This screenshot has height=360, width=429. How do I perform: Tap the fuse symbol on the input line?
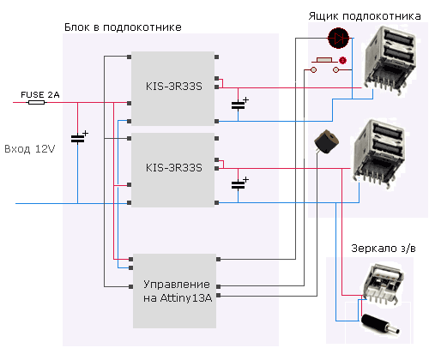[x=36, y=102]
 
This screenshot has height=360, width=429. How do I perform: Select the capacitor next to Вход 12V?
[x=78, y=138]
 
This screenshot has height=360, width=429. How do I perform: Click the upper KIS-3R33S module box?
[x=173, y=86]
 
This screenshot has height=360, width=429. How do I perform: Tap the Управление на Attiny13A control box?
[x=175, y=290]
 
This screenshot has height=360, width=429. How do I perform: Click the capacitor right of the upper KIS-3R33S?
[x=238, y=105]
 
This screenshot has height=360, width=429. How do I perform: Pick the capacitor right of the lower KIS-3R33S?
[x=238, y=183]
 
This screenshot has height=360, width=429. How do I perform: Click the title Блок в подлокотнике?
[x=123, y=27]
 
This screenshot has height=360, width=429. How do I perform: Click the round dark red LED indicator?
[x=338, y=38]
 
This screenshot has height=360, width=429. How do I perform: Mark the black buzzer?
[x=324, y=143]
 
